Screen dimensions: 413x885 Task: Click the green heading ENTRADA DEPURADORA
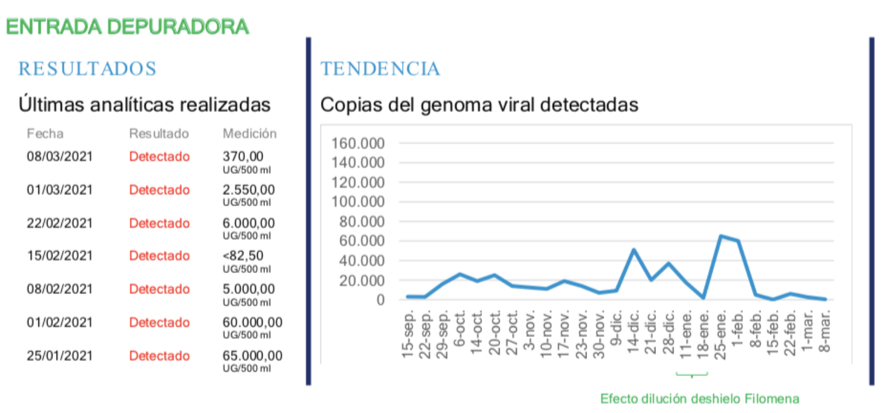pyautogui.click(x=127, y=27)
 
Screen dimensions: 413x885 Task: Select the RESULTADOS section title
pyautogui.click(x=87, y=69)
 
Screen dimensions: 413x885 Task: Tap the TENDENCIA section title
pyautogui.click(x=380, y=69)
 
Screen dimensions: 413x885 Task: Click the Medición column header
pyautogui.click(x=250, y=134)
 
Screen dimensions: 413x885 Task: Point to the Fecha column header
pyautogui.click(x=45, y=134)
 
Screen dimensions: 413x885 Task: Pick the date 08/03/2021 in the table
pyautogui.click(x=60, y=157)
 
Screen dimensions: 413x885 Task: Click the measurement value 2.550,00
pyautogui.click(x=248, y=190)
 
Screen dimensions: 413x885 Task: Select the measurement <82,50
pyautogui.click(x=243, y=256)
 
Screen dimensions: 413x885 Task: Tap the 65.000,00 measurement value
pyautogui.click(x=253, y=356)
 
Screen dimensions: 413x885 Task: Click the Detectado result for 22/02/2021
pyautogui.click(x=159, y=223)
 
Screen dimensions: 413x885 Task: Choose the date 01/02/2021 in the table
pyautogui.click(x=60, y=322)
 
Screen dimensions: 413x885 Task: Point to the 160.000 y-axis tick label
pyautogui.click(x=358, y=143)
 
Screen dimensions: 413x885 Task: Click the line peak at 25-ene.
pyautogui.click(x=721, y=236)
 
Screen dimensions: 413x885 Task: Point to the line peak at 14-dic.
pyautogui.click(x=634, y=249)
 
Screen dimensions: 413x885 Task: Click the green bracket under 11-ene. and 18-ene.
pyautogui.click(x=691, y=374)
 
